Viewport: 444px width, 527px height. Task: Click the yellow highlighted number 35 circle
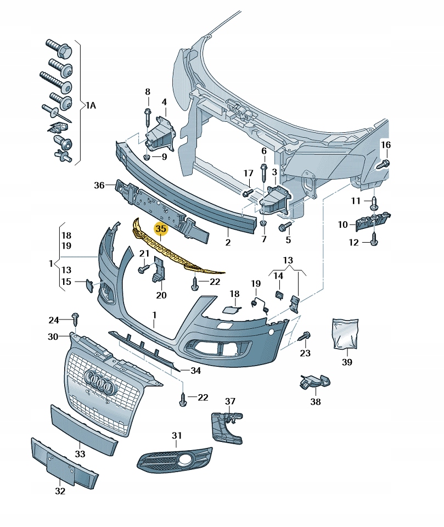(x=161, y=228)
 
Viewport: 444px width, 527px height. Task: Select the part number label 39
(x=347, y=362)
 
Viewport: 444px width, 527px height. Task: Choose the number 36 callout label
(x=99, y=186)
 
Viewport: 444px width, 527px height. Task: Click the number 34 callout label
(x=195, y=371)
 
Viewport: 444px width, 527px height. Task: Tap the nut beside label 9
(x=147, y=158)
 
